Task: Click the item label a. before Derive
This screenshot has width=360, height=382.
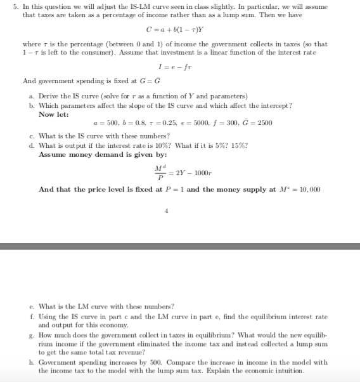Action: (32, 96)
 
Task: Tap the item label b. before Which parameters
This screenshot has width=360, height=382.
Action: (32, 105)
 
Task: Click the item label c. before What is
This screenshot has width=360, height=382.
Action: (32, 136)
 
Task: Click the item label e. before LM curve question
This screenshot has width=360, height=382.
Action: (32, 306)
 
